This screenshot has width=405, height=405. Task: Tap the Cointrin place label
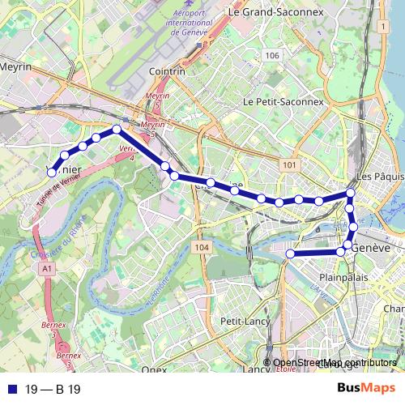click(168, 71)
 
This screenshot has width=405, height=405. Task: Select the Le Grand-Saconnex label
click(262, 12)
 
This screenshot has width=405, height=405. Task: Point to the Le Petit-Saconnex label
click(283, 102)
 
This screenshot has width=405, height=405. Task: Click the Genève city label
click(372, 247)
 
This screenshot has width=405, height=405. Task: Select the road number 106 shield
click(271, 55)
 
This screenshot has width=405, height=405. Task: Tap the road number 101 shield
click(290, 164)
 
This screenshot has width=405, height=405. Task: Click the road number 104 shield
click(202, 246)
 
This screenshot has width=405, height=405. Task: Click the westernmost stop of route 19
click(52, 172)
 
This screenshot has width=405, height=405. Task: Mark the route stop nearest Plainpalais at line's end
click(289, 254)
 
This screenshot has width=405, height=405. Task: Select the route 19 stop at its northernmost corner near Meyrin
click(117, 129)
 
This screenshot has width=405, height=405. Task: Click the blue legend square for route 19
click(11, 390)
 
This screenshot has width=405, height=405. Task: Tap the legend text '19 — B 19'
click(53, 390)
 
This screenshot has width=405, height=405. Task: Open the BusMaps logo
click(366, 389)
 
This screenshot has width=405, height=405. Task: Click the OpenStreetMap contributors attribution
click(335, 363)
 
